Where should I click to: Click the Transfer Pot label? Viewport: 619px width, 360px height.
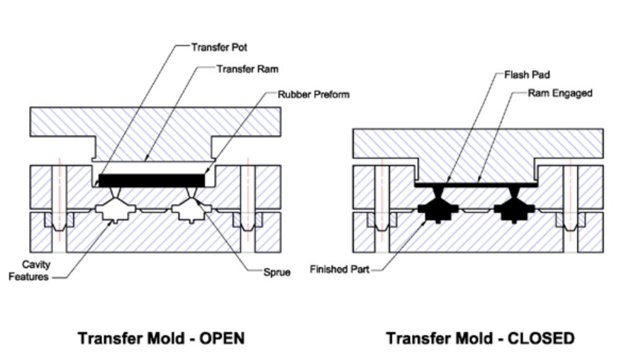[x=219, y=47]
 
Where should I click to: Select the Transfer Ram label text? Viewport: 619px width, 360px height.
[x=247, y=69]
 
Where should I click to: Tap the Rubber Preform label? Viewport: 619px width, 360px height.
[x=313, y=95]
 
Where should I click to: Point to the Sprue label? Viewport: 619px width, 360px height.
[x=277, y=272]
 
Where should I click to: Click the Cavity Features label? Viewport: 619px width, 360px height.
[x=29, y=271]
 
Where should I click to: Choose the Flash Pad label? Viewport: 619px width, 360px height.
[x=527, y=74]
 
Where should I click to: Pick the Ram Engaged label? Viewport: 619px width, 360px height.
[x=560, y=93]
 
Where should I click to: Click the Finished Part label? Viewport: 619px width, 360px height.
[x=340, y=269]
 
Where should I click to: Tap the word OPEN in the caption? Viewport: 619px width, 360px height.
[x=222, y=339]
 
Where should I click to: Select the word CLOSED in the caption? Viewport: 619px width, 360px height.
[x=541, y=339]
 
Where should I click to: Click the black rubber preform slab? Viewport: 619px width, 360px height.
[x=152, y=181]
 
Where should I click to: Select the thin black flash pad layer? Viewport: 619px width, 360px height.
[x=476, y=184]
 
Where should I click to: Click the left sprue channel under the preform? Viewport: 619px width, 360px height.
[x=116, y=193]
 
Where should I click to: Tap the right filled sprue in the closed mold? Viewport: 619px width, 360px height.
[x=514, y=192]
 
